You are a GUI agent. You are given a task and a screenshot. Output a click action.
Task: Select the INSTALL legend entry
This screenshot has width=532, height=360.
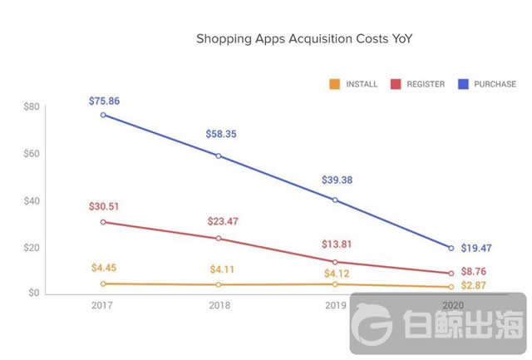coord(355,84)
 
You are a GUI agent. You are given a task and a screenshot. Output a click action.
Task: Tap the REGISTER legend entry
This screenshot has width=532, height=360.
coord(420,84)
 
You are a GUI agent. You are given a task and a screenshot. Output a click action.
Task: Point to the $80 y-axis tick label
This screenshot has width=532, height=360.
coord(31,107)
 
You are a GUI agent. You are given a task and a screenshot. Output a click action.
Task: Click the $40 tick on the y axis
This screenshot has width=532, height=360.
coord(31,200)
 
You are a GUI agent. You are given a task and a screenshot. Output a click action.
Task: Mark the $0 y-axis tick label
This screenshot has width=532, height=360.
coord(33,293)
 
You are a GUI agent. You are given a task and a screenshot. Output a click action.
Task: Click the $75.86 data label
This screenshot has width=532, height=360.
coord(105,101)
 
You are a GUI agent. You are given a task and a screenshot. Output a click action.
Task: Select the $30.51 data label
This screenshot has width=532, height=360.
coord(105,207)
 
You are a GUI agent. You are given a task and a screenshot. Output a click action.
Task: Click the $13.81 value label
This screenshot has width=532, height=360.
coord(335,244)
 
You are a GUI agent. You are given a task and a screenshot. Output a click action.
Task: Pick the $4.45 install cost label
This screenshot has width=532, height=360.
coord(105,268)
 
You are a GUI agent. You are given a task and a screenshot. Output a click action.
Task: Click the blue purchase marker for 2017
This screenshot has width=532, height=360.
coord(103,115)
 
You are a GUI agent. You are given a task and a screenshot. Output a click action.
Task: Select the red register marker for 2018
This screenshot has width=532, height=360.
coord(219,239)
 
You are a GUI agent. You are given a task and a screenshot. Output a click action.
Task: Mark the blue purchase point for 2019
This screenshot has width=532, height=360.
coord(334,200)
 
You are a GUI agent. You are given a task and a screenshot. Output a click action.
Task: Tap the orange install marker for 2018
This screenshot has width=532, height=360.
coord(219,284)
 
